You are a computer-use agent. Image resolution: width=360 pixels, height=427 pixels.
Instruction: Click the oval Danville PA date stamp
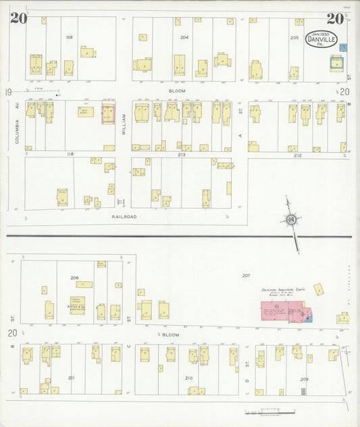coord(320,39)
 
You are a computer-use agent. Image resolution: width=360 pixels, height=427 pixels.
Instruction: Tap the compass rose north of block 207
coord(290,219)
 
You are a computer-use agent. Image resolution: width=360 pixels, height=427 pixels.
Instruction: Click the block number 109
coord(70,36)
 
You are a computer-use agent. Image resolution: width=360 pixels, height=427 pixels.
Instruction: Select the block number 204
coord(184,36)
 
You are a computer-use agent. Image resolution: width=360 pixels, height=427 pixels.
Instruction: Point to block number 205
coord(294,38)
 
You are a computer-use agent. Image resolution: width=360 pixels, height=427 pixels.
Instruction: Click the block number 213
coord(182,155)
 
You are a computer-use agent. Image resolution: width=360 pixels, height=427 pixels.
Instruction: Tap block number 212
coord(298,155)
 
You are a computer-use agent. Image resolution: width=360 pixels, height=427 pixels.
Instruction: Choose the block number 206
coord(74,278)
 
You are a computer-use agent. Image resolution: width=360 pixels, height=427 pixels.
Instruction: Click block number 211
coord(71,377)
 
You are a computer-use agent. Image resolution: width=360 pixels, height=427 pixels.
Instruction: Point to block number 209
coord(305,379)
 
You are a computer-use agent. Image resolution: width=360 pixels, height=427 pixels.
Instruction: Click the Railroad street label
coord(124,216)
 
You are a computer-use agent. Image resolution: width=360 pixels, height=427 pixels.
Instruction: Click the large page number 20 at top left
coord(18,18)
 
